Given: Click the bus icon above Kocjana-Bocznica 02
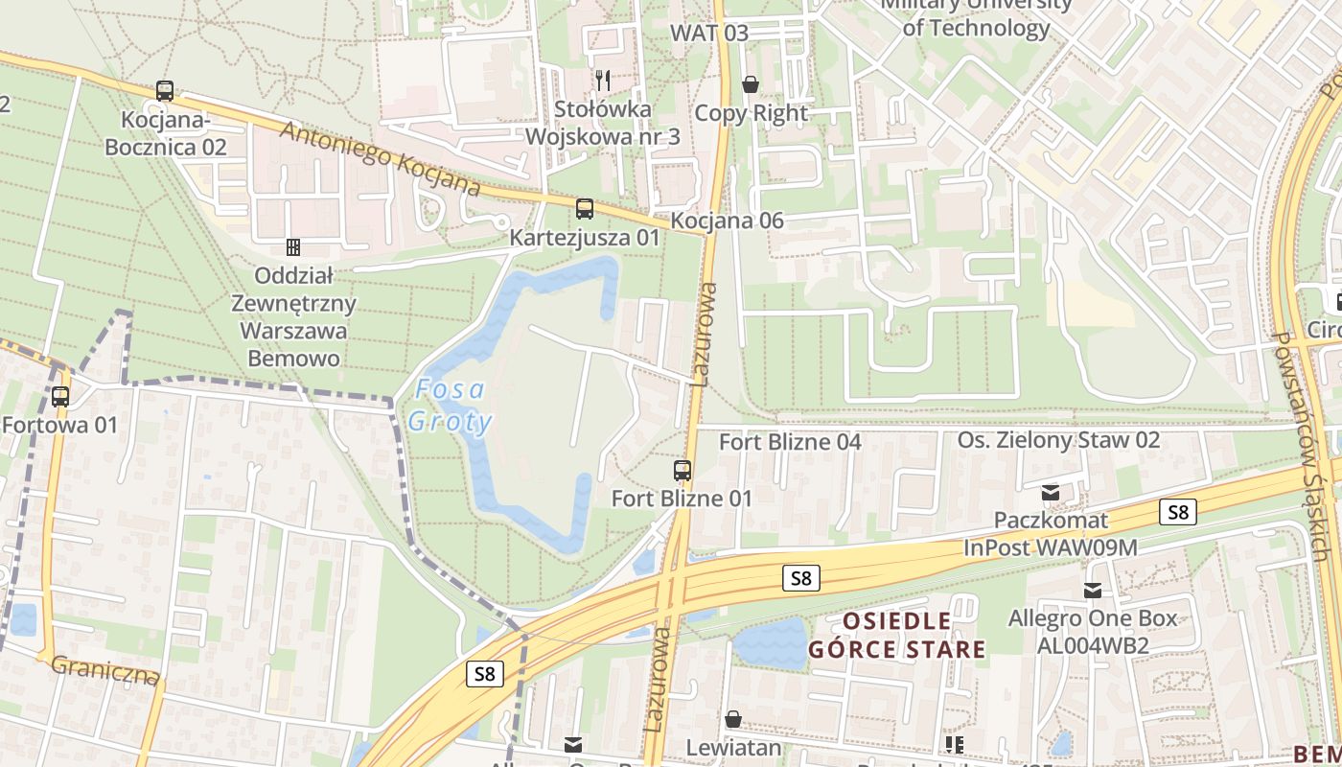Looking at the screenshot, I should coord(165,91).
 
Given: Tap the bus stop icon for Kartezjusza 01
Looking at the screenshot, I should coord(584,208).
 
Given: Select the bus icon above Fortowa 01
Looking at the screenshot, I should coord(60,396).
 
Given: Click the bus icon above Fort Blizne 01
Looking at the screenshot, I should coord(682,470).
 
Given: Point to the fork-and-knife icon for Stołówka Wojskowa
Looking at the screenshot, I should coord(602,80).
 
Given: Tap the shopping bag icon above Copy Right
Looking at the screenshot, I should coord(751,84).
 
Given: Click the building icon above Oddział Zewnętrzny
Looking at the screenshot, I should coord(293,247).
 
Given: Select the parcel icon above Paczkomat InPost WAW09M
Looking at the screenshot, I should coord(1051,493).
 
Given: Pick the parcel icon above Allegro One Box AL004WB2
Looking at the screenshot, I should coord(1092,591).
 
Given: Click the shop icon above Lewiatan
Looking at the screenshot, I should coord(733,719).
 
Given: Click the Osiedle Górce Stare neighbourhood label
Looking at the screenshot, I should coord(896,635).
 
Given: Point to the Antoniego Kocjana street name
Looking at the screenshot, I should coord(380,158).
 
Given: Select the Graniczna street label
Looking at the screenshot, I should coord(104,670).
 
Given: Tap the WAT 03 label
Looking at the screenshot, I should coord(709,33).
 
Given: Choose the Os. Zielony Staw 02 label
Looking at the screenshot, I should coord(1058,440).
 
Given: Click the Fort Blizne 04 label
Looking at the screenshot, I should coord(790,442).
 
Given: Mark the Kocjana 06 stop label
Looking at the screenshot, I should coord(727,221).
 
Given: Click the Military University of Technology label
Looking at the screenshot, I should coord(976,16).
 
